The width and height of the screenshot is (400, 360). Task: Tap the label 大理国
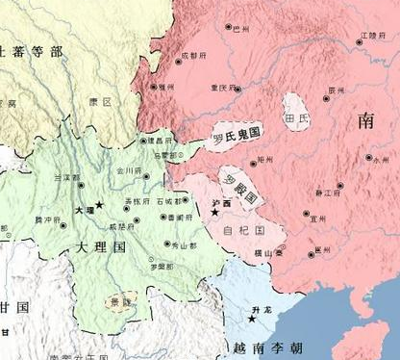[99, 247]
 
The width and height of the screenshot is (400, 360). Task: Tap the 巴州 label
[239, 30]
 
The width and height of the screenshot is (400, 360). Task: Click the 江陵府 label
[368, 36]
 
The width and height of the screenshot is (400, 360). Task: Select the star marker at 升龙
[252, 317]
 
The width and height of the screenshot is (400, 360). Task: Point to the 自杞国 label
[239, 232]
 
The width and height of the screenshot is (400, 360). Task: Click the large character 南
[366, 120]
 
